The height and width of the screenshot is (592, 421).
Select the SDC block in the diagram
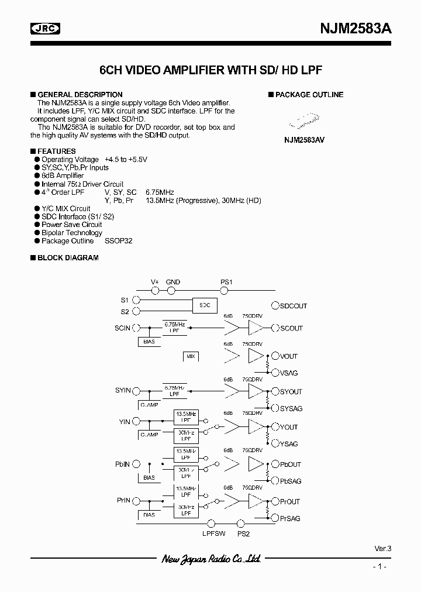tap(205, 305)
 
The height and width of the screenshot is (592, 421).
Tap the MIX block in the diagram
tap(191, 356)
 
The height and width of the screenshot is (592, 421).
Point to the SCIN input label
tap(122, 328)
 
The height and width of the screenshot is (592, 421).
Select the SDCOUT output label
tap(293, 306)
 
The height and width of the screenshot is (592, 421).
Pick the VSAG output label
tap(289, 373)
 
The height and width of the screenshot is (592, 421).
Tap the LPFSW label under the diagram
tap(213, 534)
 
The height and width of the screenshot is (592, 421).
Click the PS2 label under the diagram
tap(243, 534)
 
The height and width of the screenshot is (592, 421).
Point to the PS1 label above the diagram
tap(226, 282)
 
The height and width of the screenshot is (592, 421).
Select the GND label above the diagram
tap(173, 282)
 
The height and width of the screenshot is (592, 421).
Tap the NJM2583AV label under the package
tap(304, 140)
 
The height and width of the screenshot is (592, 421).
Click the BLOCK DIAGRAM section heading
tap(68, 257)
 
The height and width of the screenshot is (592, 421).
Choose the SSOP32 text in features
tap(119, 241)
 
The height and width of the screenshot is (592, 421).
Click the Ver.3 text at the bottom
tap(382, 549)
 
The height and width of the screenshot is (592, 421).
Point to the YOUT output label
tap(289, 427)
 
